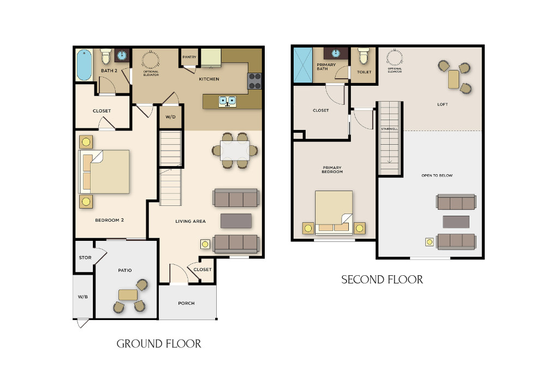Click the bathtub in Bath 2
click(84, 65)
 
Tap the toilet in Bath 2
click(105, 56)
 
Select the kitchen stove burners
click(254, 81)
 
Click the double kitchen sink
click(228, 102)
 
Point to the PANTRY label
click(189, 57)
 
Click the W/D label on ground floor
click(170, 117)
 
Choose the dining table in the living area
click(235, 151)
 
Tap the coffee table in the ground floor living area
click(236, 221)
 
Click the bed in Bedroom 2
click(104, 172)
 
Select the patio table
click(128, 295)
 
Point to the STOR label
click(85, 257)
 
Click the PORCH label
click(187, 303)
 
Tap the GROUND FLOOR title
click(159, 344)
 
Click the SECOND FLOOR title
click(382, 280)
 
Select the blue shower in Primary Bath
click(302, 65)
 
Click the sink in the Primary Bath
click(336, 54)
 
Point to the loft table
click(454, 79)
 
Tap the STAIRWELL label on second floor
click(390, 129)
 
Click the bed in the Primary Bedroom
click(334, 212)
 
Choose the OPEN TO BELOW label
click(437, 175)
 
